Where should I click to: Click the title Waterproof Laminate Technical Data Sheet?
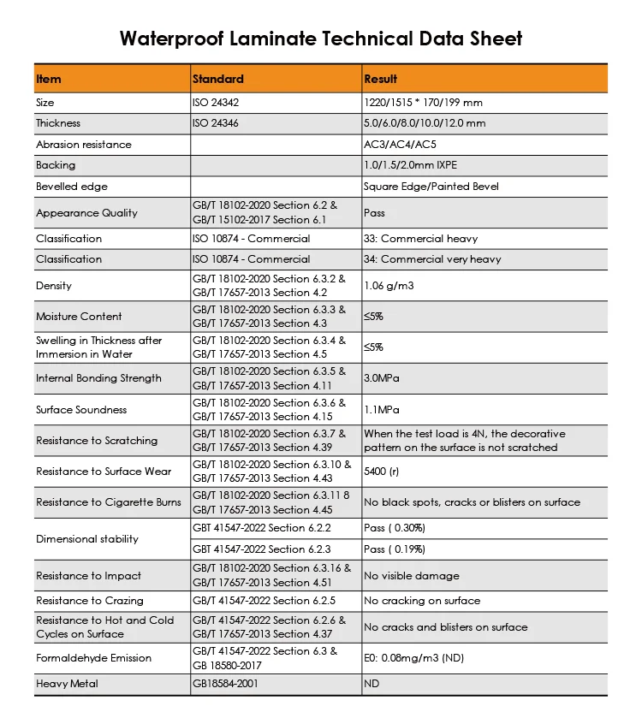pos(320,39)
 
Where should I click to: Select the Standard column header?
pos(218,79)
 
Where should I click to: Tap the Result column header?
pos(381,79)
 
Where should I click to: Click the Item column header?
pos(49,79)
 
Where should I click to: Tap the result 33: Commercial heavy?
pos(421,239)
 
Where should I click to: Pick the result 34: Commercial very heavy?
pos(432,259)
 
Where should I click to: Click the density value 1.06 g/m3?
pos(389,286)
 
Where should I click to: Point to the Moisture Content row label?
pos(79,317)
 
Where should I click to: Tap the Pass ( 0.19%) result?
pos(395,549)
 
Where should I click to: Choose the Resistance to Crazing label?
pos(90,601)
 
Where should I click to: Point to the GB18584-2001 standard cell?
pos(225,684)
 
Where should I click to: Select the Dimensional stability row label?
pos(87,539)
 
